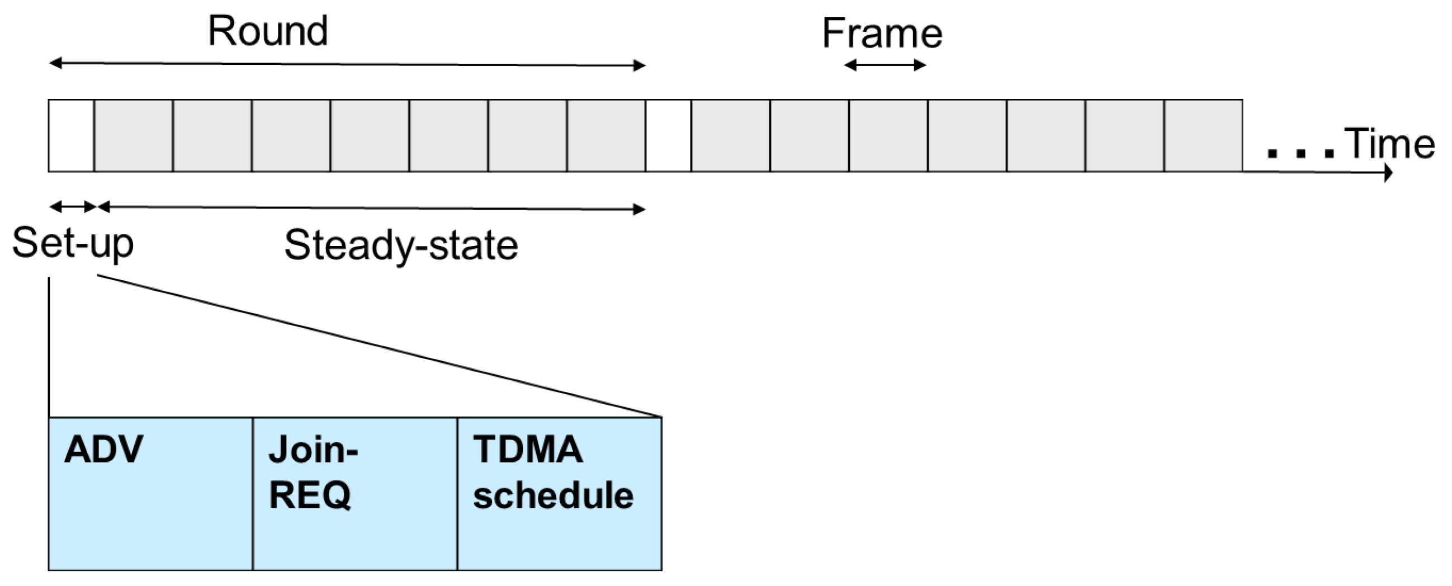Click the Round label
268,31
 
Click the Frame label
882,33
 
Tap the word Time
1389,144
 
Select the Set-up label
73,243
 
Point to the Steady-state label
401,245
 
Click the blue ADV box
150,494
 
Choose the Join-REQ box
354,494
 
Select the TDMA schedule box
559,494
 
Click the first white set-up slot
71,136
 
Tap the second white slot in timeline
668,136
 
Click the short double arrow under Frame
885,65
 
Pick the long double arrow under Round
347,64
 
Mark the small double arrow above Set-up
73,207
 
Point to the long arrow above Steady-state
372,209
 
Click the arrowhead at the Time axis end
1388,172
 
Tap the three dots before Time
1301,153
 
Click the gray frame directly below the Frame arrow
888,136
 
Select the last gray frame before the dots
1203,136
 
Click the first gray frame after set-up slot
134,136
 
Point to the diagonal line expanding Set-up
377,346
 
